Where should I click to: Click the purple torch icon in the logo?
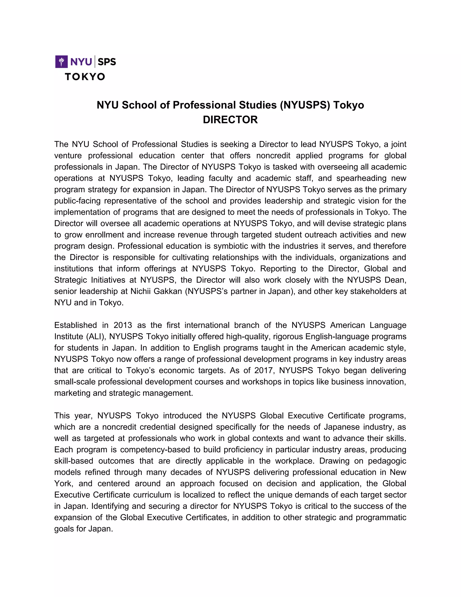pos(61,62)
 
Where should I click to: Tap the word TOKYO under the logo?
pos(85,77)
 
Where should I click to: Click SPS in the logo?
pos(106,62)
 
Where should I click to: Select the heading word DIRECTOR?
pos(230,120)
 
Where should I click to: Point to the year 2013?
pos(123,325)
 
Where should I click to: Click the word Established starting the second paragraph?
pos(75,325)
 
